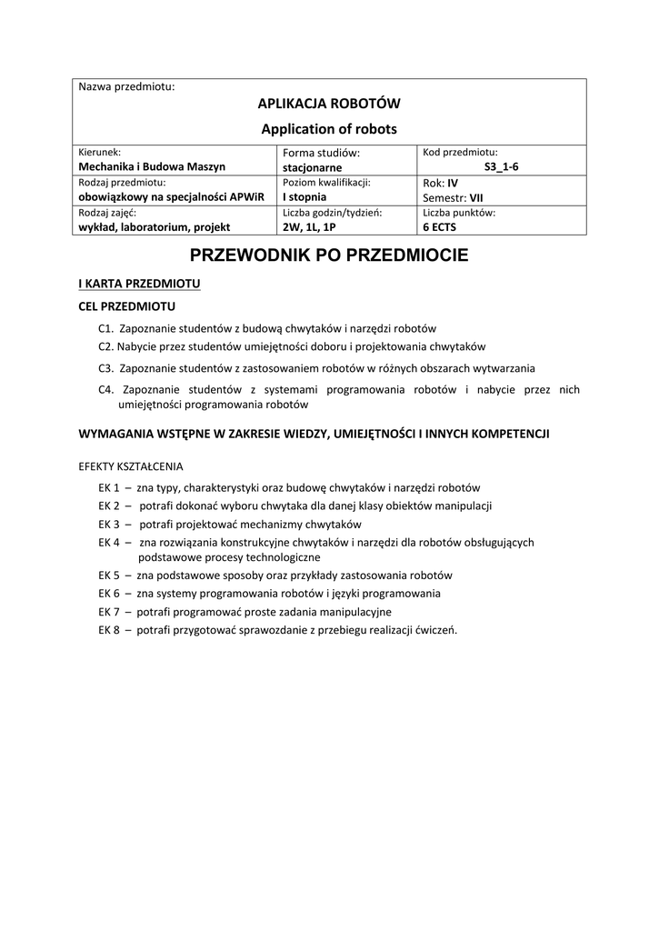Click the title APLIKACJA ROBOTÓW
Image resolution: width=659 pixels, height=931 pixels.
click(x=330, y=104)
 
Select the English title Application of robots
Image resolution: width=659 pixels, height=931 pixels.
click(x=330, y=129)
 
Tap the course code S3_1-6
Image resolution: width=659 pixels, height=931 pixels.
click(x=501, y=167)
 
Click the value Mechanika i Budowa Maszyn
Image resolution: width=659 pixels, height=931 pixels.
click(x=152, y=167)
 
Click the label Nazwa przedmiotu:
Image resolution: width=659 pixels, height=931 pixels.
click(x=126, y=86)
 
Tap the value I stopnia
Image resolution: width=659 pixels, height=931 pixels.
click(x=305, y=196)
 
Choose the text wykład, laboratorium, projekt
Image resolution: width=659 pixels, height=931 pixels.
click(x=155, y=227)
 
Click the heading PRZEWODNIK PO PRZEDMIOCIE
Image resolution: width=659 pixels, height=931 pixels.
click(x=329, y=255)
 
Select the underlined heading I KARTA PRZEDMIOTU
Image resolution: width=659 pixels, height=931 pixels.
click(x=140, y=285)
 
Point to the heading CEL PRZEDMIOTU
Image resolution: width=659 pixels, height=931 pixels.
click(x=127, y=306)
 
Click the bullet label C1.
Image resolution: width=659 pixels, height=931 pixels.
click(x=105, y=328)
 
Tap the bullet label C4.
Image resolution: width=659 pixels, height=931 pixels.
click(x=105, y=390)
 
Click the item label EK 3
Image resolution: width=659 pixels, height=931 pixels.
click(x=110, y=525)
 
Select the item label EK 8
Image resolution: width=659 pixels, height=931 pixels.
click(x=110, y=629)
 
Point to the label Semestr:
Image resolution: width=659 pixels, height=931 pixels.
click(x=444, y=197)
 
